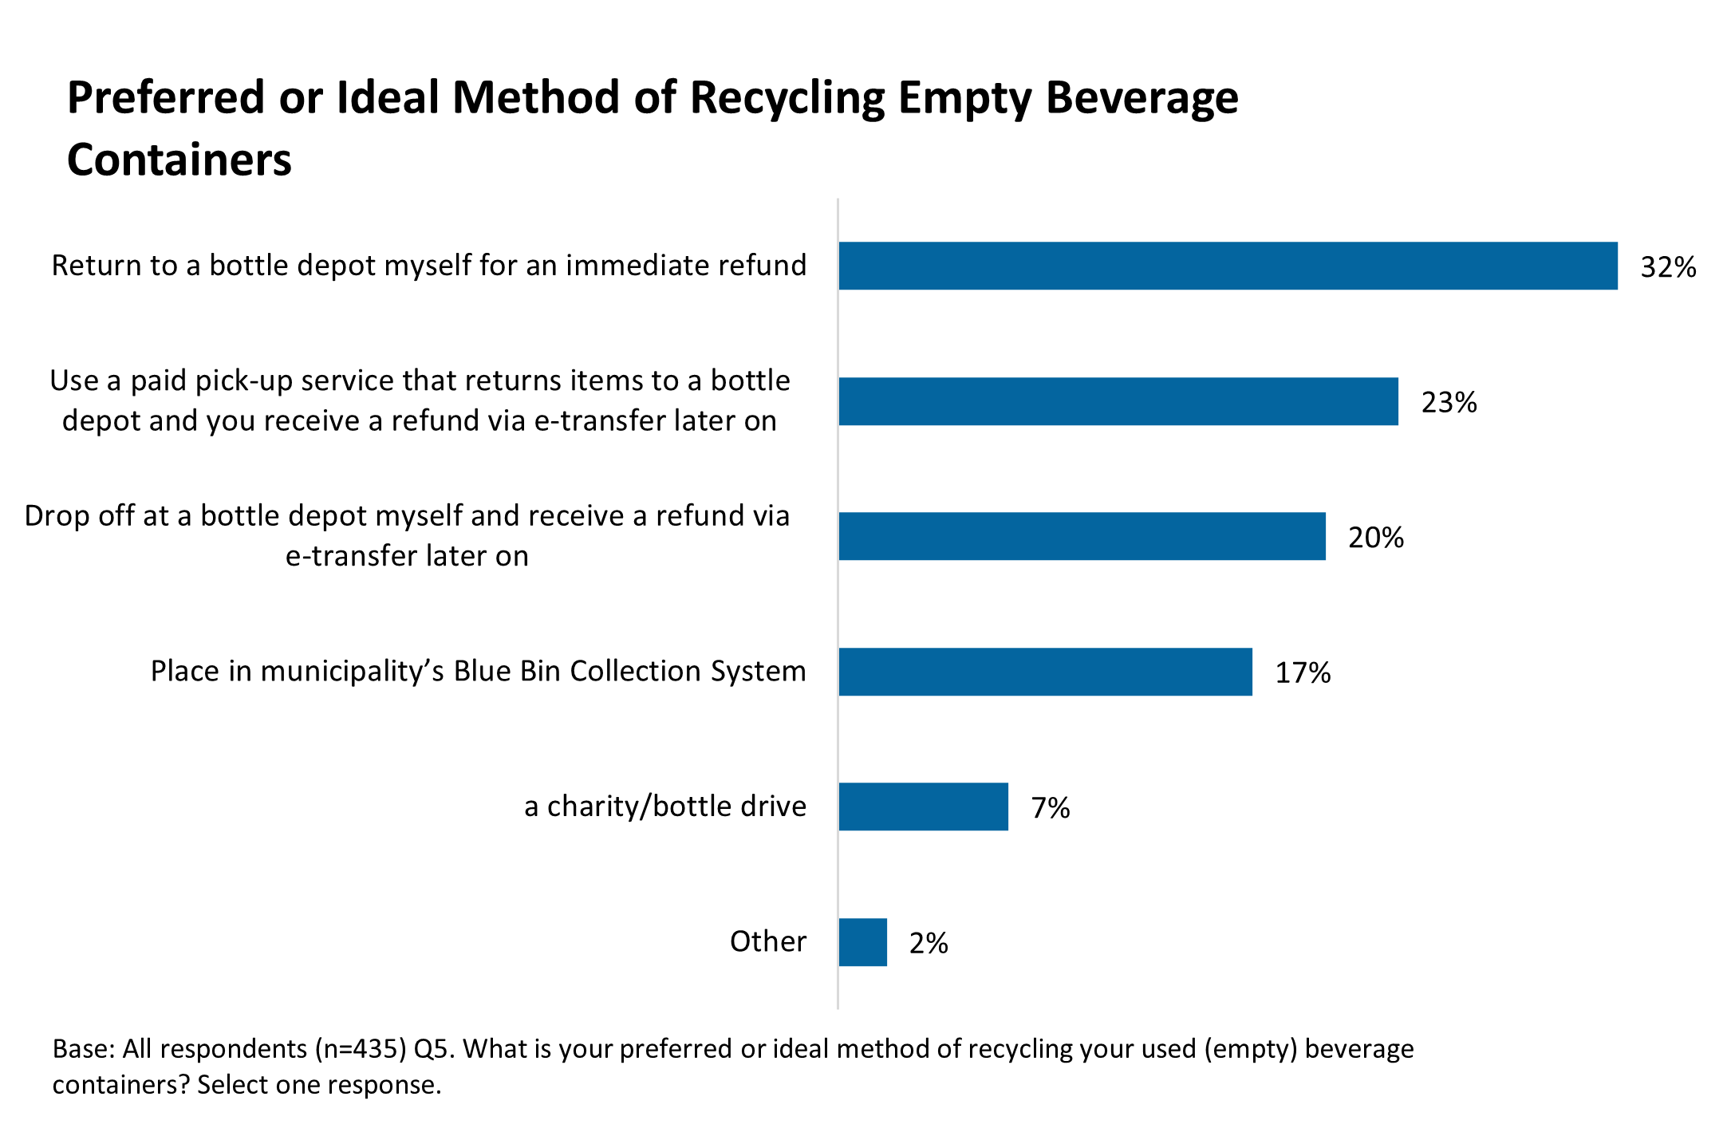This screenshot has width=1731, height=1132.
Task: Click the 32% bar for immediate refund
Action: (1228, 266)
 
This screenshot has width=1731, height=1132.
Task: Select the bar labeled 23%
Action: (1118, 401)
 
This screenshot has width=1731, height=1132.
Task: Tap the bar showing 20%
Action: (1082, 536)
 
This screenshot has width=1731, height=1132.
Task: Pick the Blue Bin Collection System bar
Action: (1045, 672)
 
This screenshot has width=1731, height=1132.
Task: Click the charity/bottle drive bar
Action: (923, 807)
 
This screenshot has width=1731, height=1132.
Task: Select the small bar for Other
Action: (862, 942)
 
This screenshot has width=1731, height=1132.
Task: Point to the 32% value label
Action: (1667, 267)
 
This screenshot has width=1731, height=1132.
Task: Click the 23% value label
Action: (1449, 402)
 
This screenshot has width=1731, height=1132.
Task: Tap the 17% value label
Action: (1303, 673)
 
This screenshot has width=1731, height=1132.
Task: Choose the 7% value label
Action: (1050, 808)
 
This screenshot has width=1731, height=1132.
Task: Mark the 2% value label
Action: (929, 944)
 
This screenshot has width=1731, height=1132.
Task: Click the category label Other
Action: (767, 942)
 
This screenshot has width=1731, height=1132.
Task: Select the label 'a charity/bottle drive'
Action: (664, 807)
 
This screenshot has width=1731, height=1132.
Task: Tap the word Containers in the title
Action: (179, 160)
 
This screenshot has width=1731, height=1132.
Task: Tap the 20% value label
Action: (1375, 538)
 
